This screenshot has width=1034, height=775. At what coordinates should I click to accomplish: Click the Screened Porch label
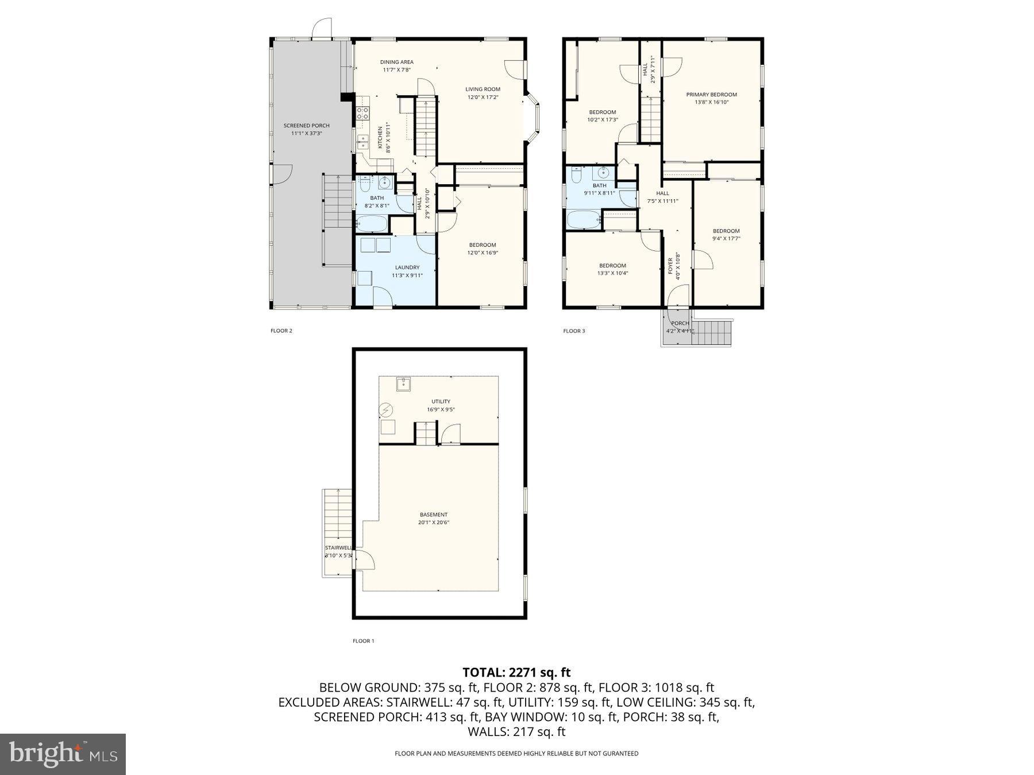(306, 126)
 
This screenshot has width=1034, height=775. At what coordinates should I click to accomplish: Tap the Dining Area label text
(396, 62)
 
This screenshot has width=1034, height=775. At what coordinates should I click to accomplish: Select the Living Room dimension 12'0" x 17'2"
(483, 97)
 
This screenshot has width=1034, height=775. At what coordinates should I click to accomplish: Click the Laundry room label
(407, 268)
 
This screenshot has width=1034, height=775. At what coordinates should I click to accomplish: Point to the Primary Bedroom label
(711, 95)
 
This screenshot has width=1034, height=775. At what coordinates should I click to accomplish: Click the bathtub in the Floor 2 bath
(371, 223)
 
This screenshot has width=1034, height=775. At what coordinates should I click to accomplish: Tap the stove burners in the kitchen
(362, 113)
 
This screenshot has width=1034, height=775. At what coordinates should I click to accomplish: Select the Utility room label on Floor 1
(441, 401)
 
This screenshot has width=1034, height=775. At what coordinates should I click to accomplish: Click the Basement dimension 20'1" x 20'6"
(433, 522)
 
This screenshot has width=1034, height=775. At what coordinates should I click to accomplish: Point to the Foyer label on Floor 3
(670, 265)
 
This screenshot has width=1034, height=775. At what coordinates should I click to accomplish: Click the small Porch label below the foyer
(680, 323)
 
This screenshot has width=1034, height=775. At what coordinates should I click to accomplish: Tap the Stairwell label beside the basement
(338, 548)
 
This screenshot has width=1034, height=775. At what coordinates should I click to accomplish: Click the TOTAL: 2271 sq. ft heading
(516, 672)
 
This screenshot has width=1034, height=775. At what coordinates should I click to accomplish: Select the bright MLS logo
(63, 754)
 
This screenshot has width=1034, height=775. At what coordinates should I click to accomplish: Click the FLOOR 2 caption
(281, 331)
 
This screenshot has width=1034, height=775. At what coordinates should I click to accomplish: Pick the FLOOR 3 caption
(574, 331)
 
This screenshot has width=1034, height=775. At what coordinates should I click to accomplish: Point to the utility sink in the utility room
(403, 383)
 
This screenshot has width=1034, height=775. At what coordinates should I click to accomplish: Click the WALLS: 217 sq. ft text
(516, 732)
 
